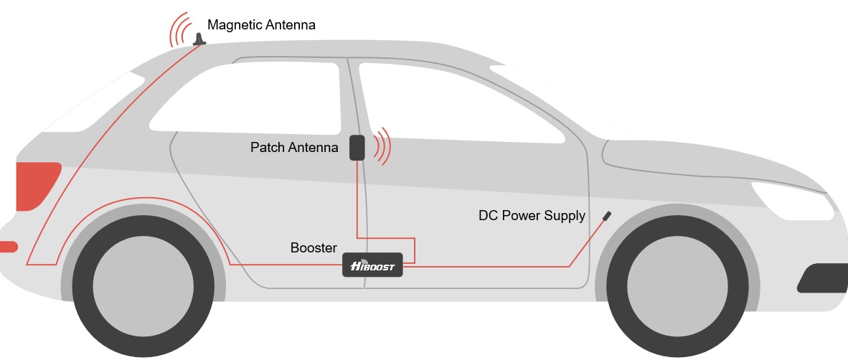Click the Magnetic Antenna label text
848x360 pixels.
[x=261, y=25]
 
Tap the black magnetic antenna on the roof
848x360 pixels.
[x=199, y=39]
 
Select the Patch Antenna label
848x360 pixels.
[x=294, y=147]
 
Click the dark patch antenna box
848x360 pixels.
[x=357, y=148]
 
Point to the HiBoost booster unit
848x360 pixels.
[x=372, y=265]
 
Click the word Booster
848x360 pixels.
[x=314, y=248]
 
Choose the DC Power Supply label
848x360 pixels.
[x=532, y=216]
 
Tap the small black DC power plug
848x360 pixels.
[x=607, y=216]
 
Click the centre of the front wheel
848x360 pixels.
[x=677, y=285]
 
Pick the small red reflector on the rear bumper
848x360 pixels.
[x=9, y=247]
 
